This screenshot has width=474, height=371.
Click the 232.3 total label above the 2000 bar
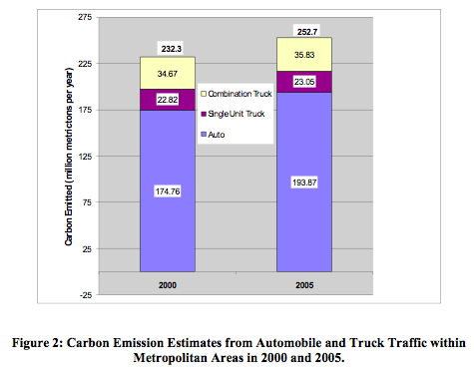(172, 49)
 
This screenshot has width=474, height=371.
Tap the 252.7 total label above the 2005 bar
(307, 32)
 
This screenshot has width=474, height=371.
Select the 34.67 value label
(168, 74)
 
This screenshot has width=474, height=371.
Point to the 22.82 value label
(168, 100)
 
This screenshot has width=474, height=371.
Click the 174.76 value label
(168, 191)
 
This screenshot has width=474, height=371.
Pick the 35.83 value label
(304, 55)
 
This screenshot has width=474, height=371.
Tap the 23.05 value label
(304, 82)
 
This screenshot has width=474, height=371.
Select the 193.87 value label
(304, 183)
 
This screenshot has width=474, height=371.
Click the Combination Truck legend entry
(237, 94)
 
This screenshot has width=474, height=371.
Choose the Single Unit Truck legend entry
(233, 114)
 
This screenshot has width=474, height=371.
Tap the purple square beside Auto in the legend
(204, 135)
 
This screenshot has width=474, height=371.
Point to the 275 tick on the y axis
(85, 17)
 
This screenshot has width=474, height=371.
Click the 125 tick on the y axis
(85, 156)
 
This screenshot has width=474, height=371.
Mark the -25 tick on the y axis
(86, 295)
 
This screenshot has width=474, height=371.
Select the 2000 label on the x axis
(168, 285)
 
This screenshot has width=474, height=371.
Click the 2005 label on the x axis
(304, 285)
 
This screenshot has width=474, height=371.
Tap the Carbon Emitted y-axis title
(69, 157)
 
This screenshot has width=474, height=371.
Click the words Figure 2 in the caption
(37, 343)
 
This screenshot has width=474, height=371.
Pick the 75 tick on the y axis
(87, 202)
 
